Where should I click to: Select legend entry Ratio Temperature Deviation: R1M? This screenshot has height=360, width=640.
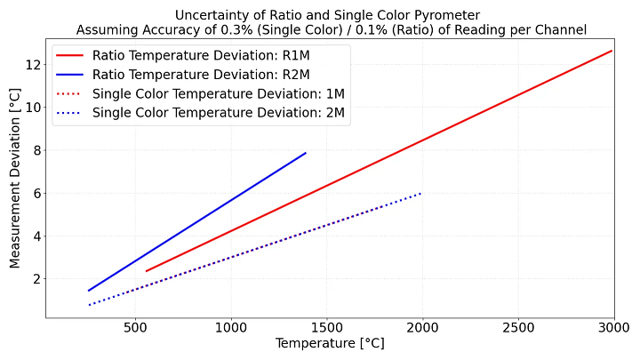coord(204,54)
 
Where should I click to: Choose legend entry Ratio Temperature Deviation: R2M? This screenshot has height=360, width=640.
coord(204,74)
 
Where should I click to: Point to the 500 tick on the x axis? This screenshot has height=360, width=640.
coord(134,326)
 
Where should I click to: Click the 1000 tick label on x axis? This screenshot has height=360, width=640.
coord(231,326)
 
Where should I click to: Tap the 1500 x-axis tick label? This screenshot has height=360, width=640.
coord(328,326)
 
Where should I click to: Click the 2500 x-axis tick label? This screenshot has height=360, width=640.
coord(516,326)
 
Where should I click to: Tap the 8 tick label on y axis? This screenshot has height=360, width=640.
coord(35,150)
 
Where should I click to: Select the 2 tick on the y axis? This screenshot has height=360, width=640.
coord(35,279)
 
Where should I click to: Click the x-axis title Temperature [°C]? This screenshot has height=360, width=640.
coord(329,343)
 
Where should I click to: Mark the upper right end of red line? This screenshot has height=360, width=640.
coord(612,51)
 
